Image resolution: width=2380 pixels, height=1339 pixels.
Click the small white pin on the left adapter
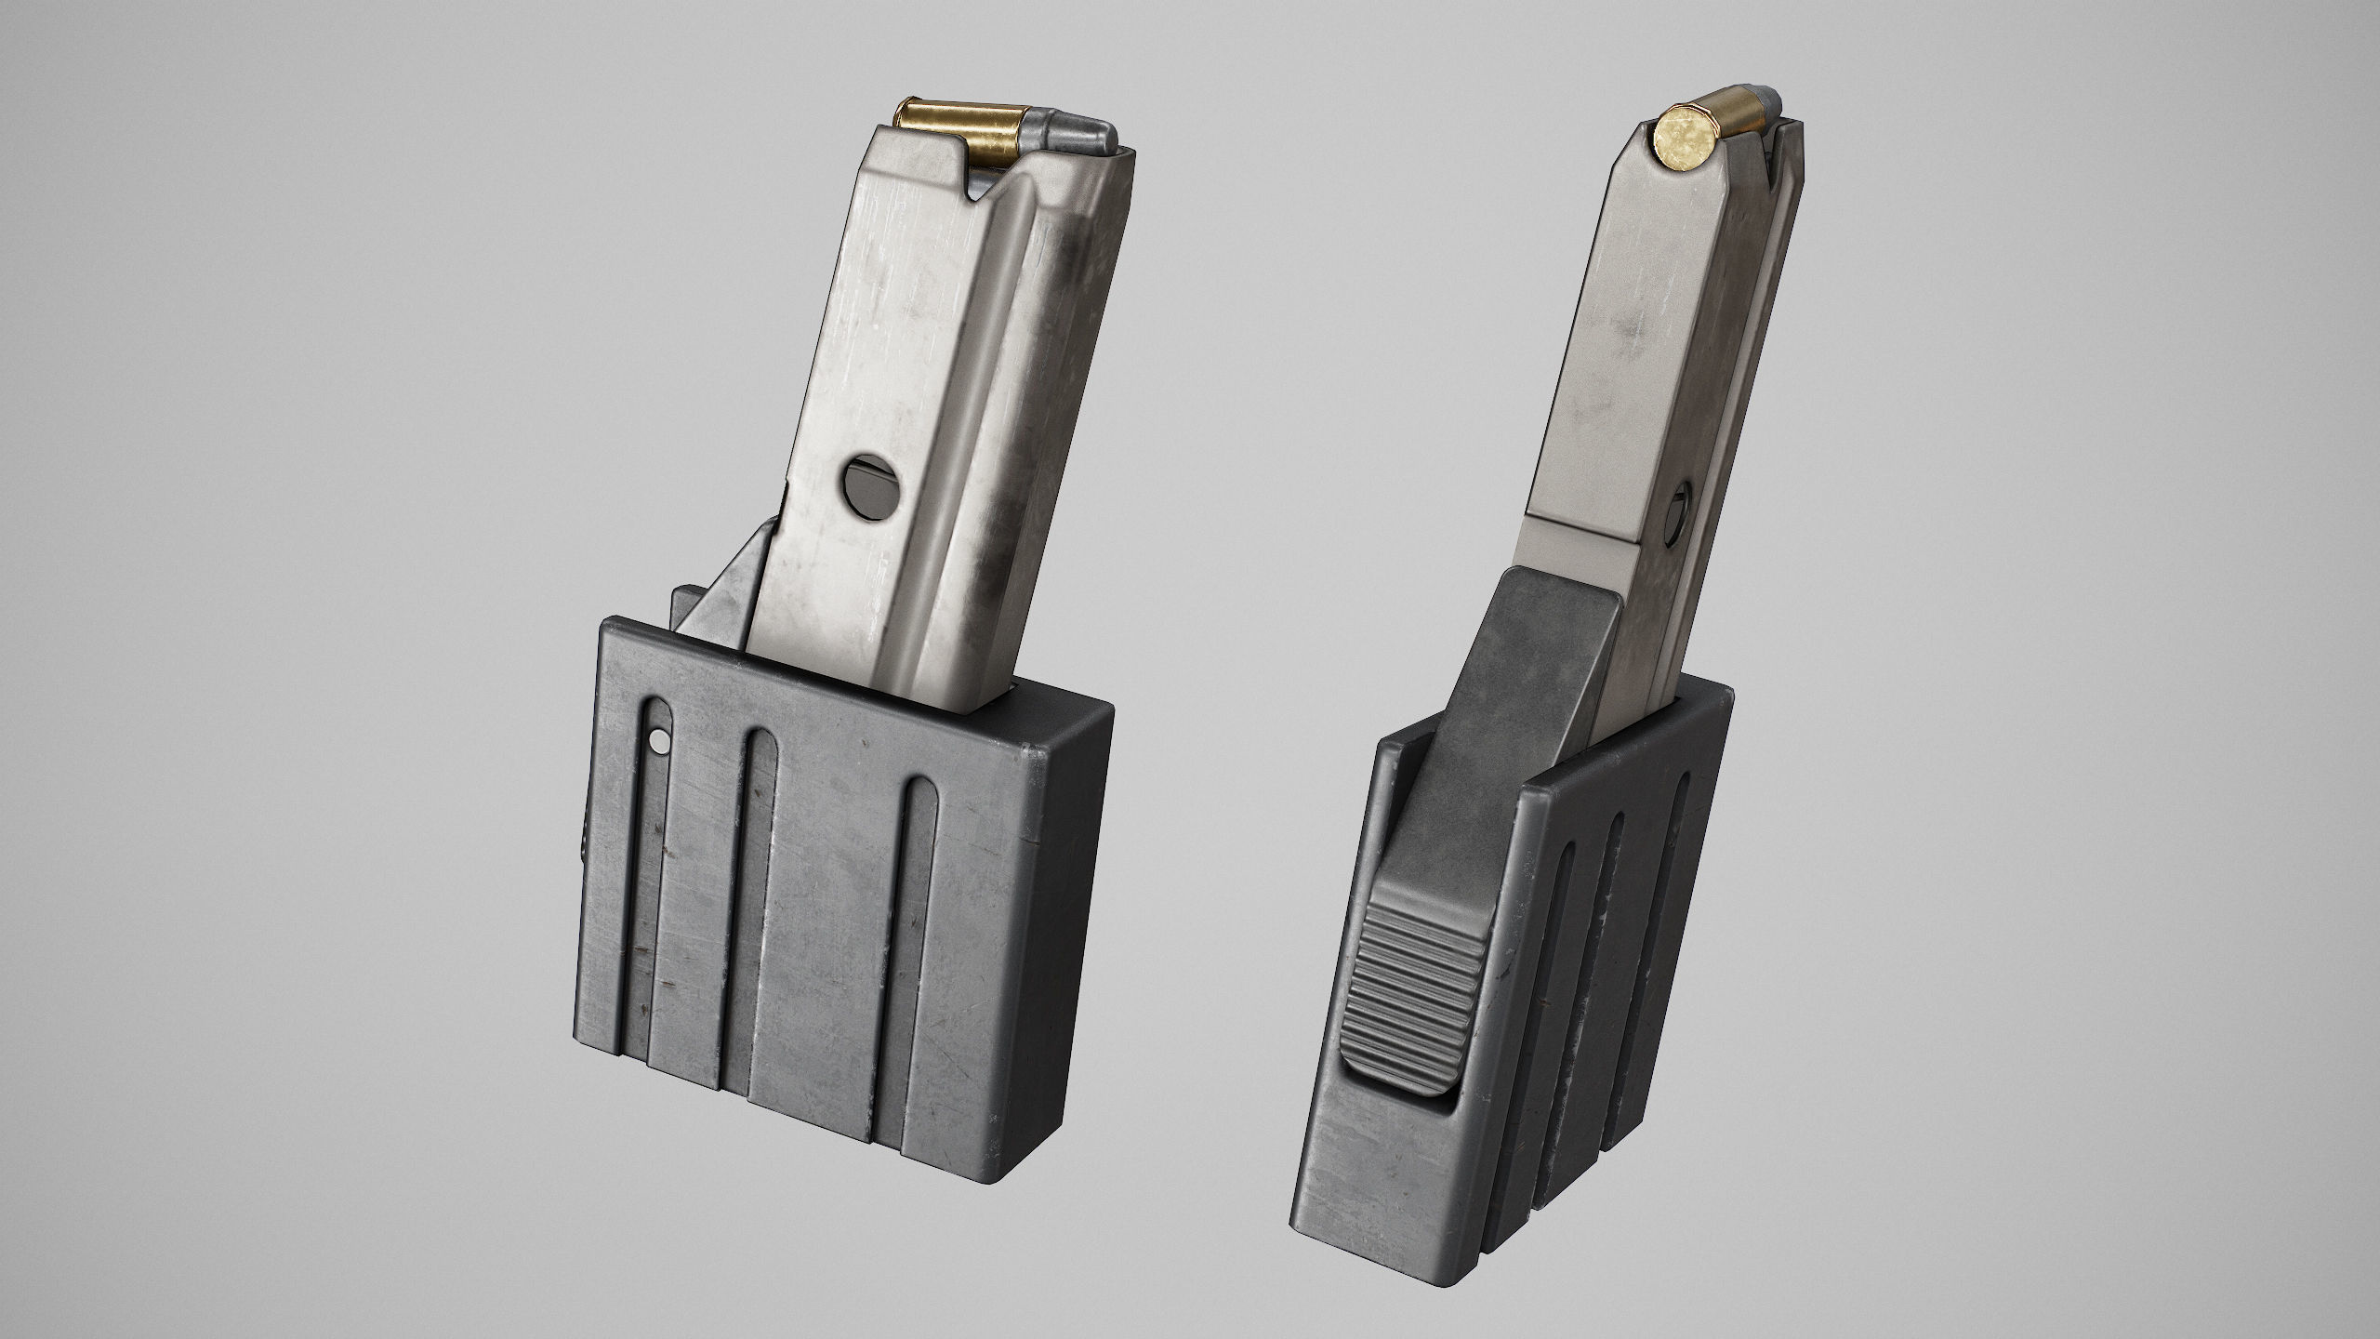[x=659, y=740]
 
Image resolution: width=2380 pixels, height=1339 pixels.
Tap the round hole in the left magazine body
[x=871, y=482]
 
